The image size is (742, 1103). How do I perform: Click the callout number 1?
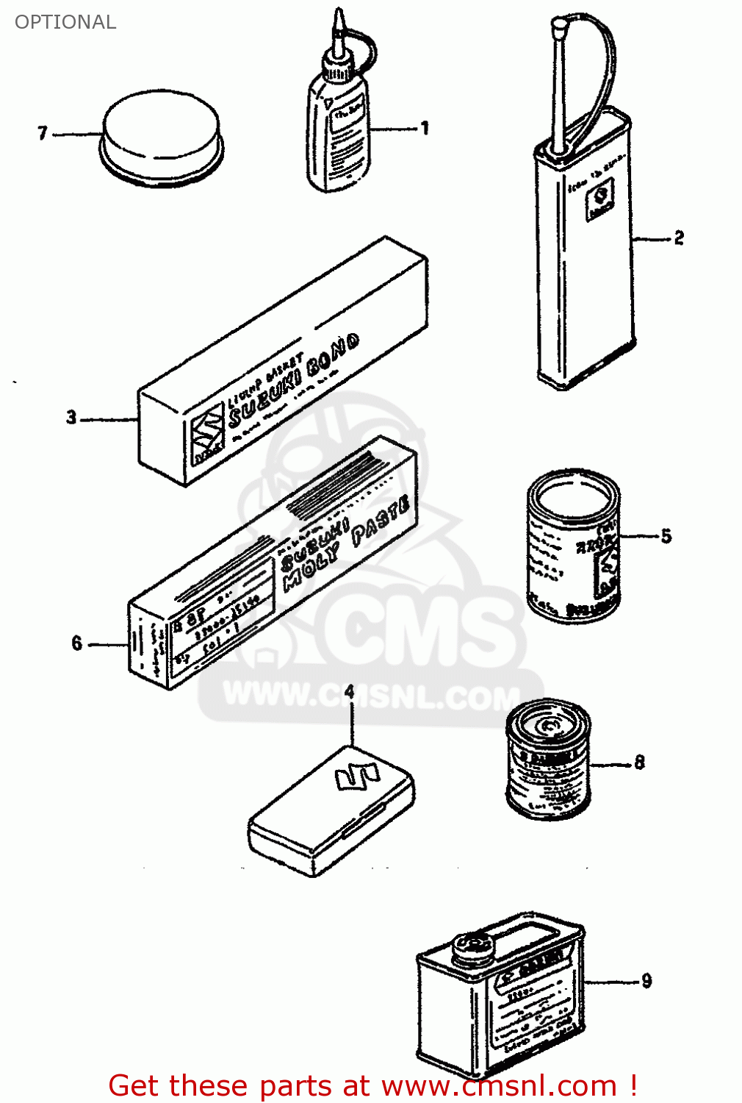click(425, 129)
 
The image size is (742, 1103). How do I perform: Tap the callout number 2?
click(679, 238)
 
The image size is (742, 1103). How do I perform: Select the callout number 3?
click(71, 418)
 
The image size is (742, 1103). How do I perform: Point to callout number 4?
click(350, 692)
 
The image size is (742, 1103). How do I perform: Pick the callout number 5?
click(666, 536)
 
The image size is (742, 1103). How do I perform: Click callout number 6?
click(77, 643)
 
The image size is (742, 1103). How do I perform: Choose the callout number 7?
click(43, 133)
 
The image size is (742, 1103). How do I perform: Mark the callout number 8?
click(639, 763)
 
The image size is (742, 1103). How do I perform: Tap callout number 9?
click(646, 981)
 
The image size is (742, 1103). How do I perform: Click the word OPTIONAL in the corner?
click(65, 22)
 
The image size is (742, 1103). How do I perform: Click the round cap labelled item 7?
click(162, 136)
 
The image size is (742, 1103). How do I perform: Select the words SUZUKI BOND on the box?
click(294, 382)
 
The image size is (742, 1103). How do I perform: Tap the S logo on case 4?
click(356, 776)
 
